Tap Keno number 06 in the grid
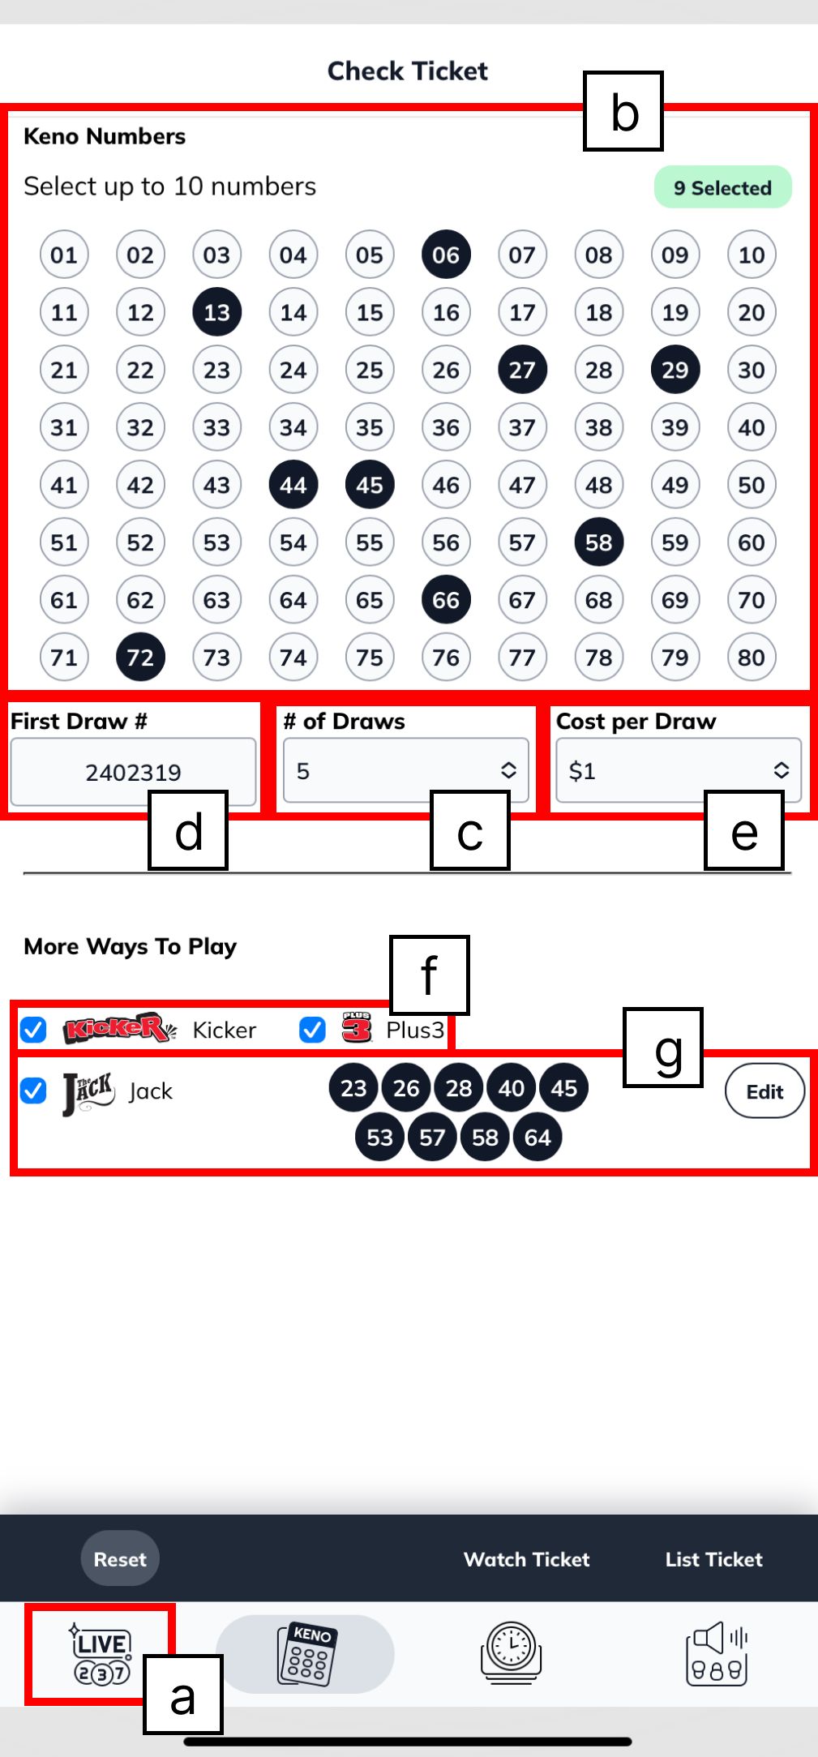446,255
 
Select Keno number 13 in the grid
216,312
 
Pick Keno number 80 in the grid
751,657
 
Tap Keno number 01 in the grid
64,255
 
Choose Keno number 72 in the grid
140,657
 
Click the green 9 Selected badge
722,187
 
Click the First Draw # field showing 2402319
133,771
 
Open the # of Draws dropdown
405,770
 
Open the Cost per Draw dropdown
679,770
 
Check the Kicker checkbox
33,1030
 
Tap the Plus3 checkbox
312,1030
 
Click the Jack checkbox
33,1091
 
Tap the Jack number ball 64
537,1138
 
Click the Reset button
120,1558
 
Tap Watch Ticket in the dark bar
526,1559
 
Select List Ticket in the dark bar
713,1559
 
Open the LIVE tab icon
101,1653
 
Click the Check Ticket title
408,71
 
